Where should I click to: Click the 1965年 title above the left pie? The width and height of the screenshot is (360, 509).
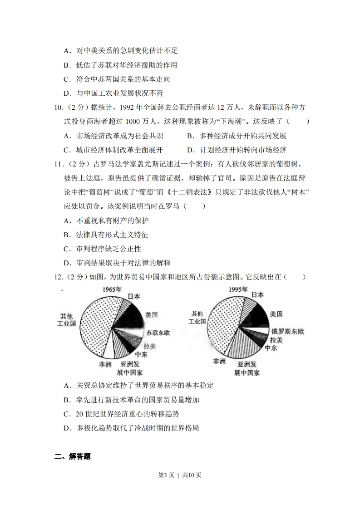click(x=112, y=289)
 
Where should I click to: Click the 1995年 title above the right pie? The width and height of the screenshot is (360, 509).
click(x=238, y=289)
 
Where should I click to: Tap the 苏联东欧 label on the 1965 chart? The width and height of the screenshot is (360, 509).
click(x=158, y=333)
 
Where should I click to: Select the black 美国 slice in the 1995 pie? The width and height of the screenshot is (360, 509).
click(x=257, y=315)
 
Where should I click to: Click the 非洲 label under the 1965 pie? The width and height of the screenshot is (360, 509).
click(x=105, y=364)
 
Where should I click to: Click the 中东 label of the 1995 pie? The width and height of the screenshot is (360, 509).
click(x=271, y=348)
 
